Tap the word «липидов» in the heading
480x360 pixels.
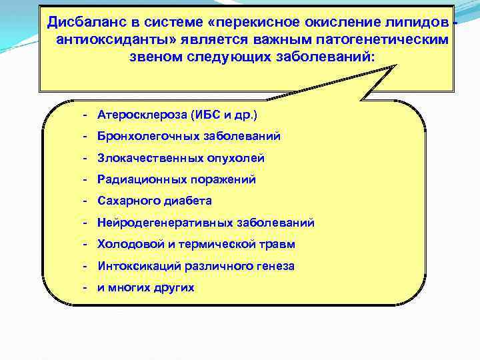416,23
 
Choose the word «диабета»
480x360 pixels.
189,201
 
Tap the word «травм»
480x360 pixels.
279,244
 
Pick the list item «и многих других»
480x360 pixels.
146,287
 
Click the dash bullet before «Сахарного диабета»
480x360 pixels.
87,201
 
